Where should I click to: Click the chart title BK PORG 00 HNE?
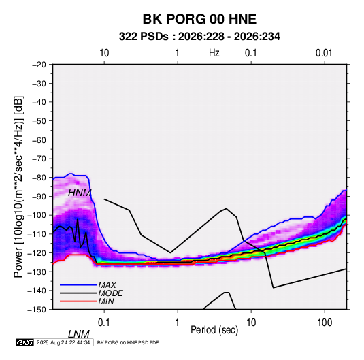click(199, 19)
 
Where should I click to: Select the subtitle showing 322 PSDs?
click(199, 37)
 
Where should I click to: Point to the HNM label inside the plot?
click(80, 193)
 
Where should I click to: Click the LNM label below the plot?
click(79, 334)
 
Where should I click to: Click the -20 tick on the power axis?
click(39, 65)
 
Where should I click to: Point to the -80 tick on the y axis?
click(39, 178)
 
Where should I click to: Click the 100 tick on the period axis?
click(325, 323)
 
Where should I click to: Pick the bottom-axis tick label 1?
click(178, 323)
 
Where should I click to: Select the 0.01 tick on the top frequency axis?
click(324, 53)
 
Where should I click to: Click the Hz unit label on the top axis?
click(214, 53)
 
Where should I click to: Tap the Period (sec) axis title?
click(214, 330)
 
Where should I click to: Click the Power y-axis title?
click(18, 187)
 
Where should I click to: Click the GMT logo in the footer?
click(24, 342)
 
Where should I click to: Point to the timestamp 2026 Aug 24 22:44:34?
click(63, 342)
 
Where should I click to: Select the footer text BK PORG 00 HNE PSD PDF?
click(128, 342)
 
